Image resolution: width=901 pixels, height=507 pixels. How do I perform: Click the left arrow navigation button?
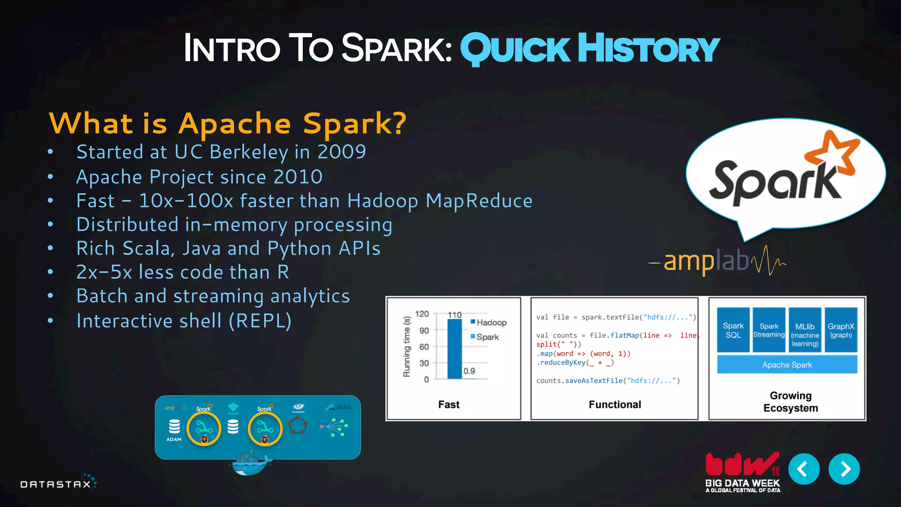click(x=804, y=469)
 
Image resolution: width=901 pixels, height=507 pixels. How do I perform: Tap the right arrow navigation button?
click(x=844, y=469)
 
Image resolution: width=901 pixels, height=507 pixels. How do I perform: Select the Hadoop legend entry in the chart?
click(x=489, y=323)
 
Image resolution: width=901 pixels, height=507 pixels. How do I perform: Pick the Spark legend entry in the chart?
click(x=485, y=337)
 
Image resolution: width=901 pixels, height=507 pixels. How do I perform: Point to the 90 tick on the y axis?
click(x=424, y=331)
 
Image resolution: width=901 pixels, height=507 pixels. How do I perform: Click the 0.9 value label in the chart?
click(x=469, y=371)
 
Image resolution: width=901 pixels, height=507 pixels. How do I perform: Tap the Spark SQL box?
click(x=733, y=330)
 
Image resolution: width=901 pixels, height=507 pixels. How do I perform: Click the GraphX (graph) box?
click(x=841, y=330)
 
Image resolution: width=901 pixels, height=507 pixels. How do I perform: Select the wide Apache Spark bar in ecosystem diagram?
click(x=787, y=365)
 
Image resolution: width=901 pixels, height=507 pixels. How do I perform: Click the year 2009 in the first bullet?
click(x=341, y=152)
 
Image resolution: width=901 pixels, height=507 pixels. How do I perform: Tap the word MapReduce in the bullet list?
click(x=479, y=201)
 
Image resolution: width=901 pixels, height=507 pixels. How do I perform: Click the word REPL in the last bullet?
click(x=260, y=321)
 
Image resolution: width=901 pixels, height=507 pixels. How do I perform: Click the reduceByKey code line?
click(x=575, y=363)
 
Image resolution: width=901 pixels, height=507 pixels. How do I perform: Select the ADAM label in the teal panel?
click(x=174, y=439)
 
